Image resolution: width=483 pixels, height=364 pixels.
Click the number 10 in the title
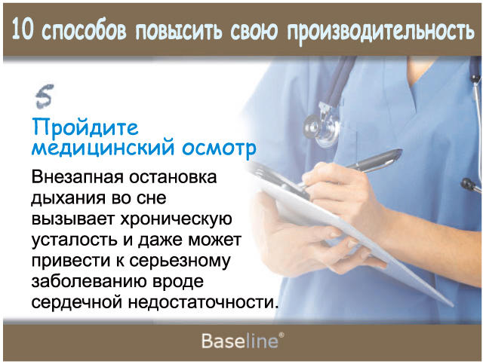(x=22, y=29)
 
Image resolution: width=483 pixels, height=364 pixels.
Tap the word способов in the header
(x=85, y=30)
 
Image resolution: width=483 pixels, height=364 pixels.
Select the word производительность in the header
(x=380, y=31)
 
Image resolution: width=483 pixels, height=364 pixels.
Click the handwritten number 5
(x=45, y=96)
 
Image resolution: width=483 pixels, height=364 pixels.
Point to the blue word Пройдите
(x=85, y=127)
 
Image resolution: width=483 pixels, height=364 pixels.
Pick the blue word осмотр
(x=219, y=149)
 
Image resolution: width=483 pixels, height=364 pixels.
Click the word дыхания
(x=69, y=198)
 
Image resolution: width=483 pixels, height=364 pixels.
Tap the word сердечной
(x=77, y=302)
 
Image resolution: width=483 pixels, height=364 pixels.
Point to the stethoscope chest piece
(x=321, y=128)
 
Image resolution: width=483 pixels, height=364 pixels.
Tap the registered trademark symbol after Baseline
(x=281, y=335)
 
